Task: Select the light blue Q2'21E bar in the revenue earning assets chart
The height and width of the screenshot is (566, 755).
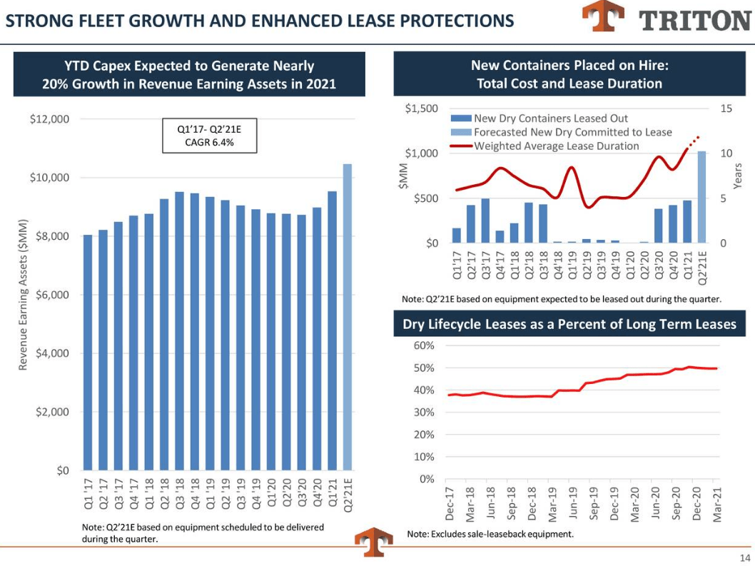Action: (347, 317)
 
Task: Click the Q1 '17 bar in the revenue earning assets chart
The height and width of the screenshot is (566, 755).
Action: (88, 353)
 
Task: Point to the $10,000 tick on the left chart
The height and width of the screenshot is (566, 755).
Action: (49, 178)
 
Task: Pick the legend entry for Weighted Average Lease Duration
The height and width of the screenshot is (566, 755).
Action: (557, 146)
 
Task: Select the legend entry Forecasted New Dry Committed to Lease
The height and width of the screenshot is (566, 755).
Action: (572, 132)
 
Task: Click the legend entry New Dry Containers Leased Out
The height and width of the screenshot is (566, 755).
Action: (551, 118)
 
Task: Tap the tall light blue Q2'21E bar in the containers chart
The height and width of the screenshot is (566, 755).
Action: (701, 197)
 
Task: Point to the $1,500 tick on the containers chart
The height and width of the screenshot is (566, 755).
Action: (421, 108)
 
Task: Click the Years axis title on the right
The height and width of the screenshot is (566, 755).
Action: (739, 176)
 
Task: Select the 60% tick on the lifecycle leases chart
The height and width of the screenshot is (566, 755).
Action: (424, 346)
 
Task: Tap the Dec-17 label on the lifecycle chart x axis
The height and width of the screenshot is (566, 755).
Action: (450, 505)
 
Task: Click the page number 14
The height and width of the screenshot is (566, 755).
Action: (744, 557)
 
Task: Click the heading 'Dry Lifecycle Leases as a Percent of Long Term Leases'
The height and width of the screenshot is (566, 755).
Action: (569, 325)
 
